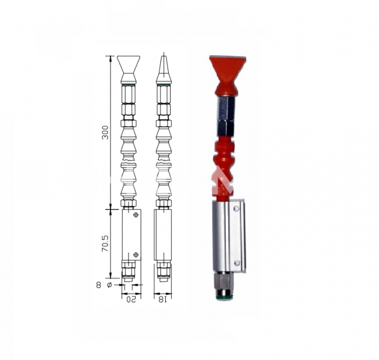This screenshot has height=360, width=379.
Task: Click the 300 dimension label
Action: [x=105, y=132]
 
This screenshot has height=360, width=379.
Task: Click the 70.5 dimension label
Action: [x=105, y=243]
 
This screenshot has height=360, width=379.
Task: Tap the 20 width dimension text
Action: [x=132, y=299]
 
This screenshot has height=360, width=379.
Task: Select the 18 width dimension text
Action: [x=162, y=299]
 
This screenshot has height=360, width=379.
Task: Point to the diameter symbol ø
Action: [x=109, y=285]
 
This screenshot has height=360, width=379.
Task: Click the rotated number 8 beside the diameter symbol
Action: [x=99, y=285]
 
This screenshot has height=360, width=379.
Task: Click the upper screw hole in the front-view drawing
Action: [x=136, y=215]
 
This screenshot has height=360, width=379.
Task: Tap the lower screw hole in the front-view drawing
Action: [x=136, y=254]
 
